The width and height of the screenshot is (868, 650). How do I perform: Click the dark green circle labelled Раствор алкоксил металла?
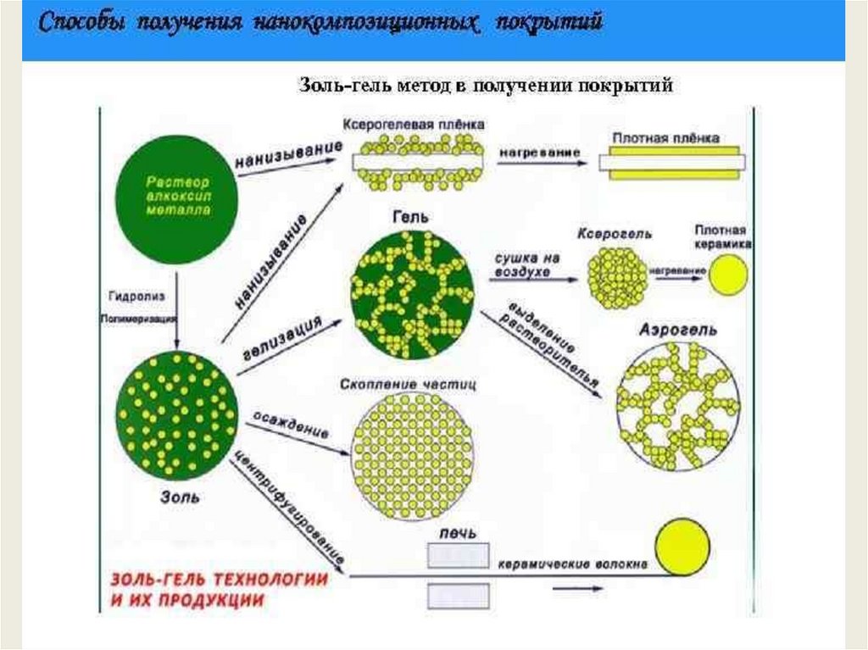pyautogui.click(x=177, y=196)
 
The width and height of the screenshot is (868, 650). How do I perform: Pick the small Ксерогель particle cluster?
pyautogui.click(x=617, y=278)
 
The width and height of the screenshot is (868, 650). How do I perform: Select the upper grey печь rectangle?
pyautogui.click(x=458, y=555)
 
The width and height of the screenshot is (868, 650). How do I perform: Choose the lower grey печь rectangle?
pyautogui.click(x=458, y=596)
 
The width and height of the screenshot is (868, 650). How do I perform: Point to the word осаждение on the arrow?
pyautogui.click(x=290, y=423)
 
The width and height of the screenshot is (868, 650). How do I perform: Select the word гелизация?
pyautogui.click(x=287, y=340)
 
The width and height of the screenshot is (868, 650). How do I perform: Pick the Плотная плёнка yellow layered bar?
pyautogui.click(x=672, y=162)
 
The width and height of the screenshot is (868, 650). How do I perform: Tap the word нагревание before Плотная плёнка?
pyautogui.click(x=539, y=152)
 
